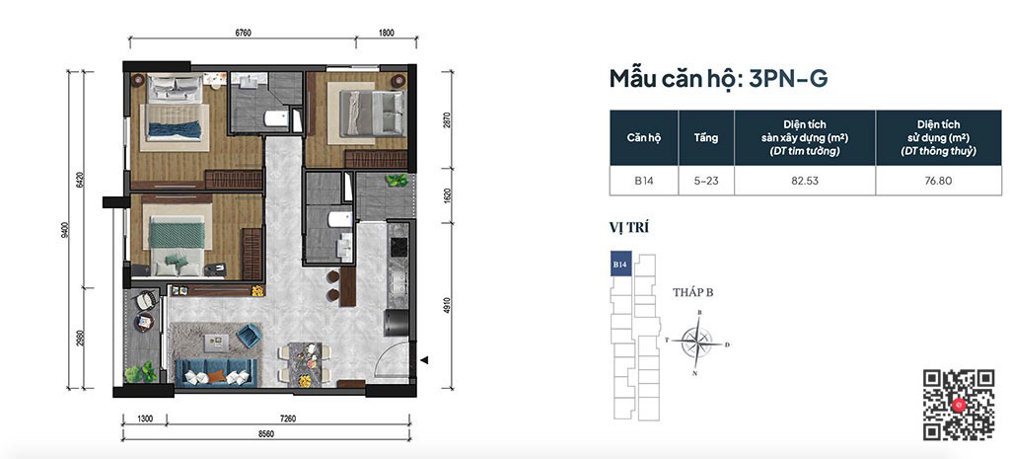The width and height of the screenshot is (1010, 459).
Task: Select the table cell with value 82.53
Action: point(805,181)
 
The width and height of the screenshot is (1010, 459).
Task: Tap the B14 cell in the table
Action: point(645,181)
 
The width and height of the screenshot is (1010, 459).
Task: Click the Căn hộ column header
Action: point(645,137)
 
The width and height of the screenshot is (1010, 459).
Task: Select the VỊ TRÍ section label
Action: point(628,228)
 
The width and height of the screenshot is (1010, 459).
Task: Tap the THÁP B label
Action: point(693,291)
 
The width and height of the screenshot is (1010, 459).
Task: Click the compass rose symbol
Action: point(698,343)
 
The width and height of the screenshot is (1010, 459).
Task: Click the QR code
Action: point(958,405)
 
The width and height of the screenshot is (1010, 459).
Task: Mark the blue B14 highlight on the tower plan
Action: point(620,265)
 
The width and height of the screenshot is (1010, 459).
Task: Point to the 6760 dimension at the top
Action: point(243,33)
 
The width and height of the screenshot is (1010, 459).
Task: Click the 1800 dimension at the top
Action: point(386,33)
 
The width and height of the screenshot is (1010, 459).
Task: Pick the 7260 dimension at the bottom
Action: point(287,419)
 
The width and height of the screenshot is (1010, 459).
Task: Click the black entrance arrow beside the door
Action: point(424,361)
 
